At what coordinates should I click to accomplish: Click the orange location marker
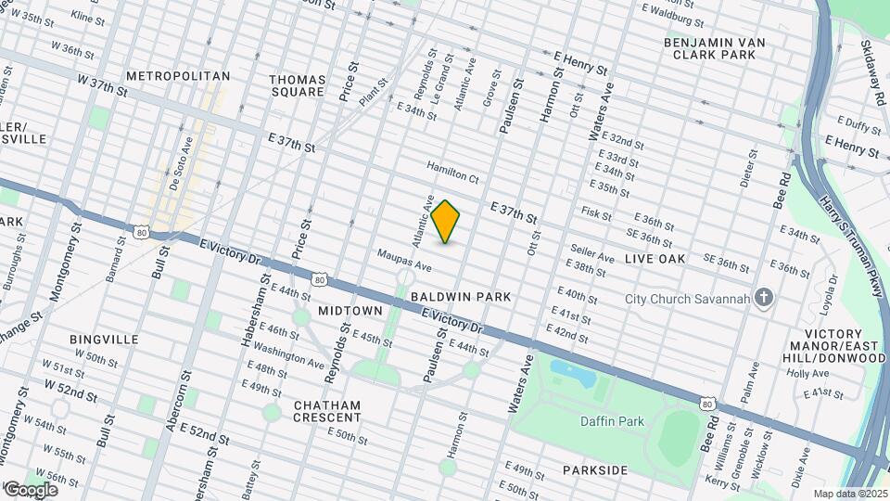tap(446, 222)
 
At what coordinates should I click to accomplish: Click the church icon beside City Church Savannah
tap(763, 297)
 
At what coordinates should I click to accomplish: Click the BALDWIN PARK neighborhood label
tap(462, 297)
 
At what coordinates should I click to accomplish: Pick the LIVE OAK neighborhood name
tap(655, 259)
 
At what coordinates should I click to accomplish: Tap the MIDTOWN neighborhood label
tap(350, 309)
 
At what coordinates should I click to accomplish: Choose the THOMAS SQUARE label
tap(298, 85)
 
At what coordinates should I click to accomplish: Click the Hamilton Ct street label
tap(452, 172)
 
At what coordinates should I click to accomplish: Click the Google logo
tap(32, 489)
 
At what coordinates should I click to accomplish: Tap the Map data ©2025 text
tap(849, 493)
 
